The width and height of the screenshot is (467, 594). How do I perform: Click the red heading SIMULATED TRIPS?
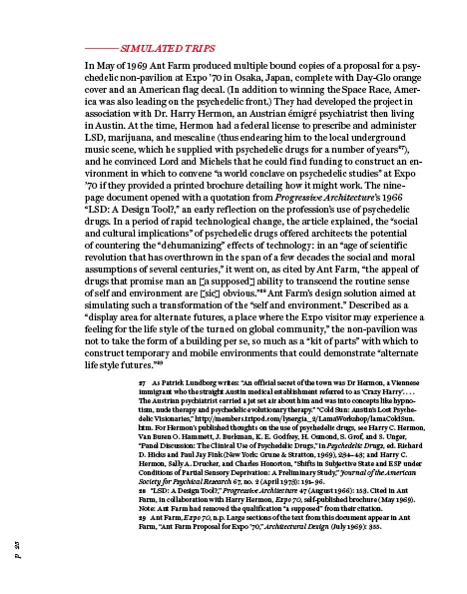coord(167,47)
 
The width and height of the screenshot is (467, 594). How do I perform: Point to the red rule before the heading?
coord(100,47)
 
